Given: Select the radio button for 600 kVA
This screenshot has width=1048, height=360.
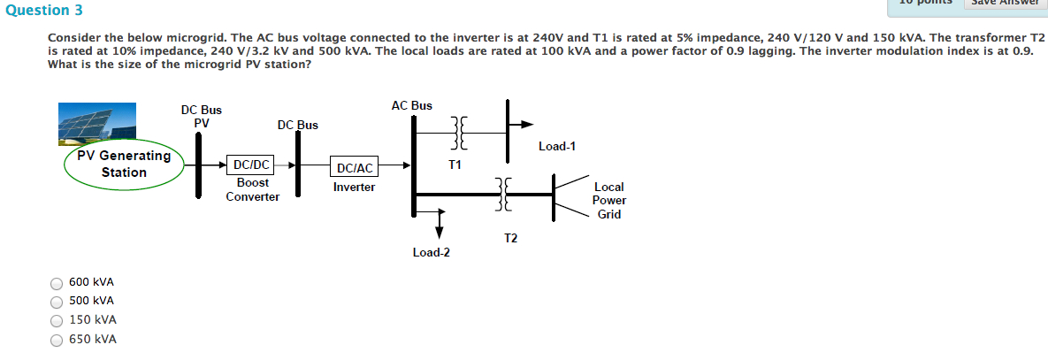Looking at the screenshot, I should pos(57,283).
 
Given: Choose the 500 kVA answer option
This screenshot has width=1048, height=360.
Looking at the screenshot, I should pos(57,302).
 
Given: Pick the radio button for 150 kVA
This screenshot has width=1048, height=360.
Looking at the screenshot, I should pos(57,321).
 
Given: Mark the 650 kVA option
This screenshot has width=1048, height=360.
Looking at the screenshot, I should pos(57,340).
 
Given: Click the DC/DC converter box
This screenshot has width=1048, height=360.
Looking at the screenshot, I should pos(250,165).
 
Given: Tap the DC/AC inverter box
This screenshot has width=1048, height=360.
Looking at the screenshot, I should pos(354,167).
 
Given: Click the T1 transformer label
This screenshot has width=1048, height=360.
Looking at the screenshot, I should pos(455,165).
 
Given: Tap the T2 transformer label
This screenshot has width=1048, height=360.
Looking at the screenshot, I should pos(510,238).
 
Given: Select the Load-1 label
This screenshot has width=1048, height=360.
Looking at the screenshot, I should pos(556,146).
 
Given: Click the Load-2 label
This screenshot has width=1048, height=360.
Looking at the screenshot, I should pos(431,252).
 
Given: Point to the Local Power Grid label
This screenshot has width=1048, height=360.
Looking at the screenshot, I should pos(608,201).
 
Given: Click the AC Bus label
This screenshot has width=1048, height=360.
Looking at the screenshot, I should pos(411,105).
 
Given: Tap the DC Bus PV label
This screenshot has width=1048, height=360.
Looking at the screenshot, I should pos(202,117).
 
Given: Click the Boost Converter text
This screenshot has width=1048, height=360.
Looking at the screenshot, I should pos(252,189).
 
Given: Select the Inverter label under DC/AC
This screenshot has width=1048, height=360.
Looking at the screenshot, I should pos(354,188).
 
